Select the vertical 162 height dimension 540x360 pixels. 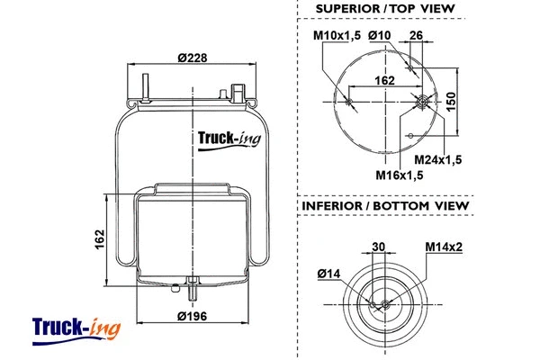101,239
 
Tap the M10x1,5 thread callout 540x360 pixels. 337,35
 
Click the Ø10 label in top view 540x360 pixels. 378,35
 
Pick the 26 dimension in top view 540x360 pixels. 416,35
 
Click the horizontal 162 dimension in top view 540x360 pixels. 384,81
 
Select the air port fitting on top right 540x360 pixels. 238,93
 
